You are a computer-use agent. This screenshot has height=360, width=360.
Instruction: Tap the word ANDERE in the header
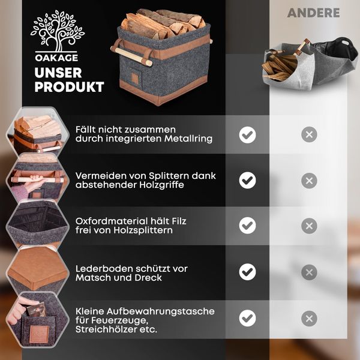pyautogui.click(x=313, y=13)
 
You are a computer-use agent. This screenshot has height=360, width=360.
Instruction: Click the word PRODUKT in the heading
pyautogui.click(x=69, y=87)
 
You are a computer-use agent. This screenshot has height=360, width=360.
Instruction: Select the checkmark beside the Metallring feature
pyautogui.click(x=247, y=134)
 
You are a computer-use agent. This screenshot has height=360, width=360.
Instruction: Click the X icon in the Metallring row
pyautogui.click(x=309, y=134)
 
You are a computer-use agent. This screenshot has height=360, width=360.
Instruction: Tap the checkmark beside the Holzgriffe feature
pyautogui.click(x=247, y=180)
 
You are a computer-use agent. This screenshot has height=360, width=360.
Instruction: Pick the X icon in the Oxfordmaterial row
pyautogui.click(x=309, y=226)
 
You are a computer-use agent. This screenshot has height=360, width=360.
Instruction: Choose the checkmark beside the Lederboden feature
pyautogui.click(x=247, y=272)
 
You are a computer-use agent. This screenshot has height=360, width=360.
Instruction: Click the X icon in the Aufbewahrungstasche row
pyautogui.click(x=309, y=318)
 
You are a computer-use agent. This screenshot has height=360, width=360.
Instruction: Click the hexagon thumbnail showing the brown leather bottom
pyautogui.click(x=37, y=268)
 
